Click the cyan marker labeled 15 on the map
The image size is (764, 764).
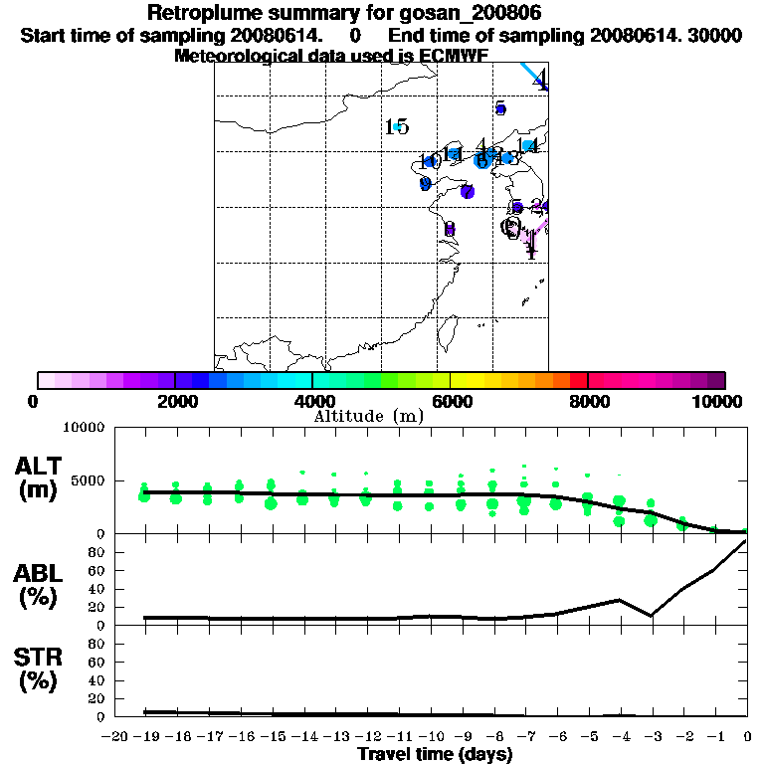pos(397,127)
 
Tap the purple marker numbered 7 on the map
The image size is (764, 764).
pos(466,191)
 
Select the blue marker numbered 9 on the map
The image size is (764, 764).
pos(426,184)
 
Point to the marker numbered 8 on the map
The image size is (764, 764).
pos(450,229)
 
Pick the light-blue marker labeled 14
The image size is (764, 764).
pos(530,147)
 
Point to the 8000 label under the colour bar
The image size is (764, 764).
pos(587,401)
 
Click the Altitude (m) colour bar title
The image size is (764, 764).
pos(372,416)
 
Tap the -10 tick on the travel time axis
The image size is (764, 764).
pos(432,736)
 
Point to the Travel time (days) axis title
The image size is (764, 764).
pos(435,755)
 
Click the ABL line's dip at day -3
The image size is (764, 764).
pos(652,616)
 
